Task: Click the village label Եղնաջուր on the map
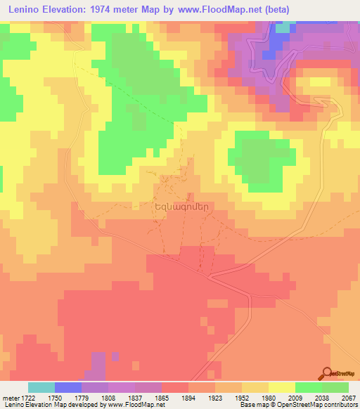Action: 169,208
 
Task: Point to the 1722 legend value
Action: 23,397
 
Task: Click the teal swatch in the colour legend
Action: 41,387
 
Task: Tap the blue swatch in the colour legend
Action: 68,387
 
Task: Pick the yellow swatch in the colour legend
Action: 281,387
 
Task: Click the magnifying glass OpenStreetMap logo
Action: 326,373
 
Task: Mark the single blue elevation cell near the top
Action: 268,54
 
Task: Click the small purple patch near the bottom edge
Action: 98,365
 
